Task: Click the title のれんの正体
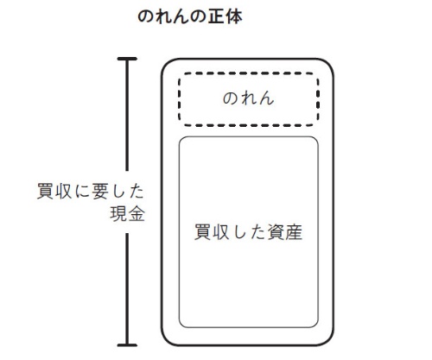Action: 190,16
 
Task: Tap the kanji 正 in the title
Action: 216,16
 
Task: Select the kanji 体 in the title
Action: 234,16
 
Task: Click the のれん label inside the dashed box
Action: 248,98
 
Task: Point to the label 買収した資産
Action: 248,232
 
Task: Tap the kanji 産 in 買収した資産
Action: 294,232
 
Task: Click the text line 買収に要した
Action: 91,191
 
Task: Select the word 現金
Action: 127,213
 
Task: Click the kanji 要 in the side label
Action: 100,191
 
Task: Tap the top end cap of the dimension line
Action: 127,59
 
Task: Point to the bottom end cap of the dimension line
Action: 127,344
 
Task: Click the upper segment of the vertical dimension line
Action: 127,115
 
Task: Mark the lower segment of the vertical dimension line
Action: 127,288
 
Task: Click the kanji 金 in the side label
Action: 137,213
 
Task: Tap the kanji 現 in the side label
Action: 118,213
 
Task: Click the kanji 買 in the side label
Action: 46,191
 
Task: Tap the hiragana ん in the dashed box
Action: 266,98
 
